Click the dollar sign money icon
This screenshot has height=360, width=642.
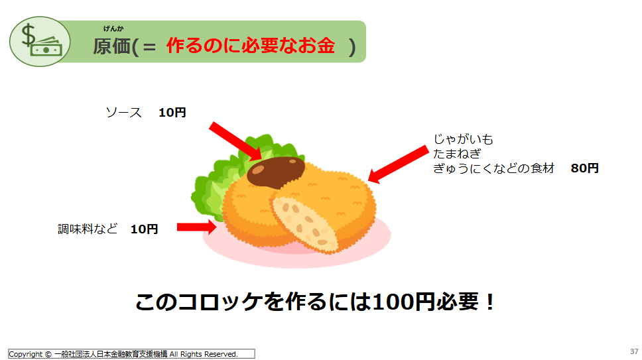pyautogui.click(x=40, y=41)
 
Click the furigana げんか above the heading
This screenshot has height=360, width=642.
pyautogui.click(x=113, y=29)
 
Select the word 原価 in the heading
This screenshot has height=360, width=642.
pyautogui.click(x=111, y=46)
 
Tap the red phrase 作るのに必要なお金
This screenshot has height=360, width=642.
pyautogui.click(x=251, y=45)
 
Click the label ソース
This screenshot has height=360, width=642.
pyautogui.click(x=123, y=113)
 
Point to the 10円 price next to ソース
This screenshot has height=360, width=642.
pyautogui.click(x=172, y=113)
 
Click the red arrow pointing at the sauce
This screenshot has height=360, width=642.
pyautogui.click(x=235, y=141)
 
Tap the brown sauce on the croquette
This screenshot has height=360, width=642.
pyautogui.click(x=276, y=172)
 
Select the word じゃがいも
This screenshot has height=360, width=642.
pyautogui.click(x=463, y=139)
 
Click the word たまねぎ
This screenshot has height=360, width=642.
pyautogui.click(x=457, y=154)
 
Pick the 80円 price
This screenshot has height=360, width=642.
pyautogui.click(x=585, y=168)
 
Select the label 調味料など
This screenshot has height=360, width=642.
pyautogui.click(x=88, y=229)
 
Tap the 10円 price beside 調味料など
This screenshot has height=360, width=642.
pyautogui.click(x=144, y=229)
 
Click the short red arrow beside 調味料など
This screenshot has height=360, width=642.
pyautogui.click(x=196, y=227)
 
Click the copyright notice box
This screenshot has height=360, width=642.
pyautogui.click(x=131, y=354)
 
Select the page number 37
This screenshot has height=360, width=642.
pyautogui.click(x=634, y=351)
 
